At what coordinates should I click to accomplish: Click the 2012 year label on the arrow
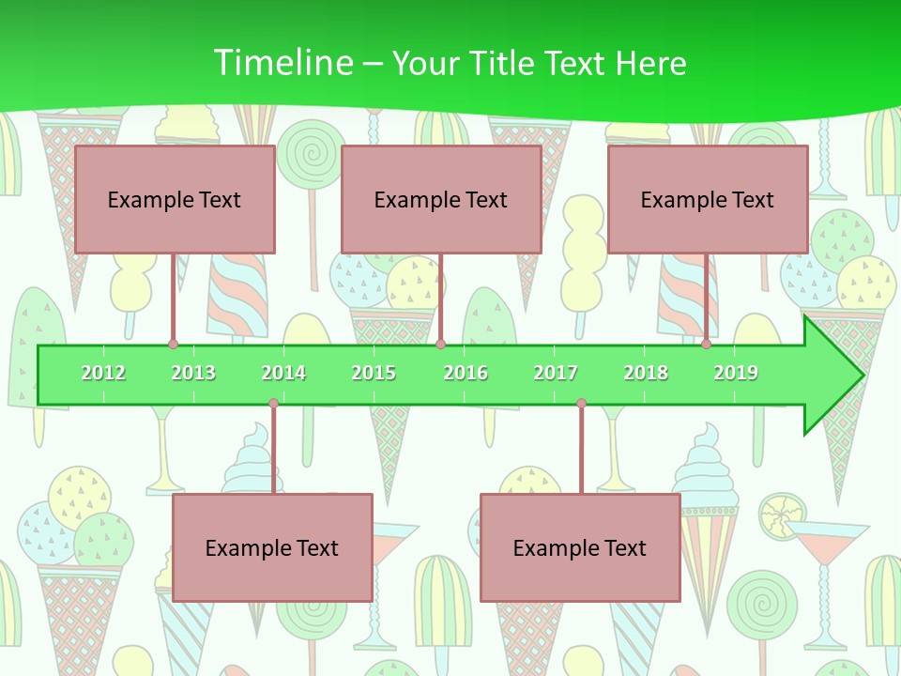[103, 373]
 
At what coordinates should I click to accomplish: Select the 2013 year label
[193, 373]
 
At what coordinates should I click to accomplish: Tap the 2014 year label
[283, 373]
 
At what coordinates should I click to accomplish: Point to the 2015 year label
[374, 373]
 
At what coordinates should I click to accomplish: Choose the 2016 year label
[466, 373]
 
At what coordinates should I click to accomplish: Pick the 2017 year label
[556, 373]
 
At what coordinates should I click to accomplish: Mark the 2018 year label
[646, 373]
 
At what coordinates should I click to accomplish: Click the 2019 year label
[736, 373]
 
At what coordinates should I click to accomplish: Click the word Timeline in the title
[282, 63]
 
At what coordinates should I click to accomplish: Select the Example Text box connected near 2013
[175, 199]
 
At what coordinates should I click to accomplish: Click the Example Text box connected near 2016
[441, 199]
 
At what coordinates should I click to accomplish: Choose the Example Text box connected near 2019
[708, 199]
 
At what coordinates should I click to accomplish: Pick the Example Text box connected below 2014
[272, 547]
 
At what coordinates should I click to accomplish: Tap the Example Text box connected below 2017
[580, 547]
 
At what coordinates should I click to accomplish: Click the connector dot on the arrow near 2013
[173, 345]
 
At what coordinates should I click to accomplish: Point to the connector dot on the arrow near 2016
[440, 345]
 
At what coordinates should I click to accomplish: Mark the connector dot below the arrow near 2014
[273, 404]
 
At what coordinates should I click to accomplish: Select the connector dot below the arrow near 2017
[581, 404]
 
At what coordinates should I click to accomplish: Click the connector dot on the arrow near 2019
[706, 345]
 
